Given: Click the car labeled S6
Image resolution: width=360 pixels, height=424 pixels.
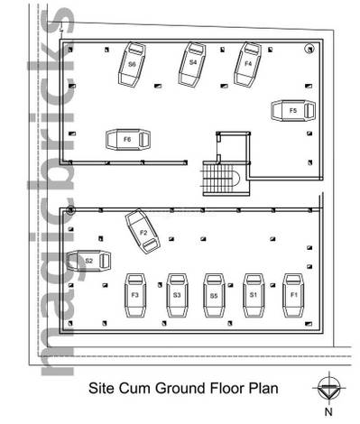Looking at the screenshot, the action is (132, 65).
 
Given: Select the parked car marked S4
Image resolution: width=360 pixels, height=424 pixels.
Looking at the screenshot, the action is (192, 65).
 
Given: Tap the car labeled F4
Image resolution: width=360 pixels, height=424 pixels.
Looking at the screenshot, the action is (248, 65).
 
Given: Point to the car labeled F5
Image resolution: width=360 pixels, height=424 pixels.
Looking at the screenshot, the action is (293, 111).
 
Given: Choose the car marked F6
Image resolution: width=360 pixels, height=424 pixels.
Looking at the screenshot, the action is (128, 140).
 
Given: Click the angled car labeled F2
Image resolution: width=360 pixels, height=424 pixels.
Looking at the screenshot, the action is (143, 232).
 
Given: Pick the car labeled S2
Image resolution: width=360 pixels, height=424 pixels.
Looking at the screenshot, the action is (88, 261).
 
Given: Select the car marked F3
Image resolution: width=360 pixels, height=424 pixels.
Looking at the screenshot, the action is (135, 296).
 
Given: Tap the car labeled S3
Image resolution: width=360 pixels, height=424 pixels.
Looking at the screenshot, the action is (177, 296).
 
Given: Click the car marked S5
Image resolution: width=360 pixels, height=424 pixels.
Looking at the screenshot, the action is (214, 296).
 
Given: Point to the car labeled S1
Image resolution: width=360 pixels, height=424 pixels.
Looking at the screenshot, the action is (254, 296).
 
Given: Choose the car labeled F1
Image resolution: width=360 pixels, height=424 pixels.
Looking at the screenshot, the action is (293, 296).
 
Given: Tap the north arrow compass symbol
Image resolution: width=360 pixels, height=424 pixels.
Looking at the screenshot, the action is (329, 388).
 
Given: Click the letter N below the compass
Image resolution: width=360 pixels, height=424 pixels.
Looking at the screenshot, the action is (328, 411).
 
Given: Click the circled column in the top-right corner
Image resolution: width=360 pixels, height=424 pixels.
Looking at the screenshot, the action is (309, 49).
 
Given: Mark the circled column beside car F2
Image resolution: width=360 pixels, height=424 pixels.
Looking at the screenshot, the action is (70, 210).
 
